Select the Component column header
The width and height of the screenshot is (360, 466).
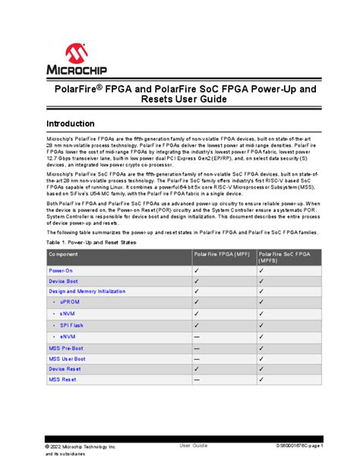[x=63, y=254]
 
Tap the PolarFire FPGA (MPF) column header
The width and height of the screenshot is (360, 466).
[x=223, y=254]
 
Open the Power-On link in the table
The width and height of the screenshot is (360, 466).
[x=61, y=271]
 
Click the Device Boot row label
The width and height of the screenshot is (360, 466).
[x=64, y=281]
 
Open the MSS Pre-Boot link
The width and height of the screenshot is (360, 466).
[x=68, y=347]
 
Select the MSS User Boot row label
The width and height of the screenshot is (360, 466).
[x=68, y=358]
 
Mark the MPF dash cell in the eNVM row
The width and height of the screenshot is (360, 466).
[x=197, y=336]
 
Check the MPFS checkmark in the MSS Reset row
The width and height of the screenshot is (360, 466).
[x=261, y=380]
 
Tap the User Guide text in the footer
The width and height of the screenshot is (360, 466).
[x=193, y=445]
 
